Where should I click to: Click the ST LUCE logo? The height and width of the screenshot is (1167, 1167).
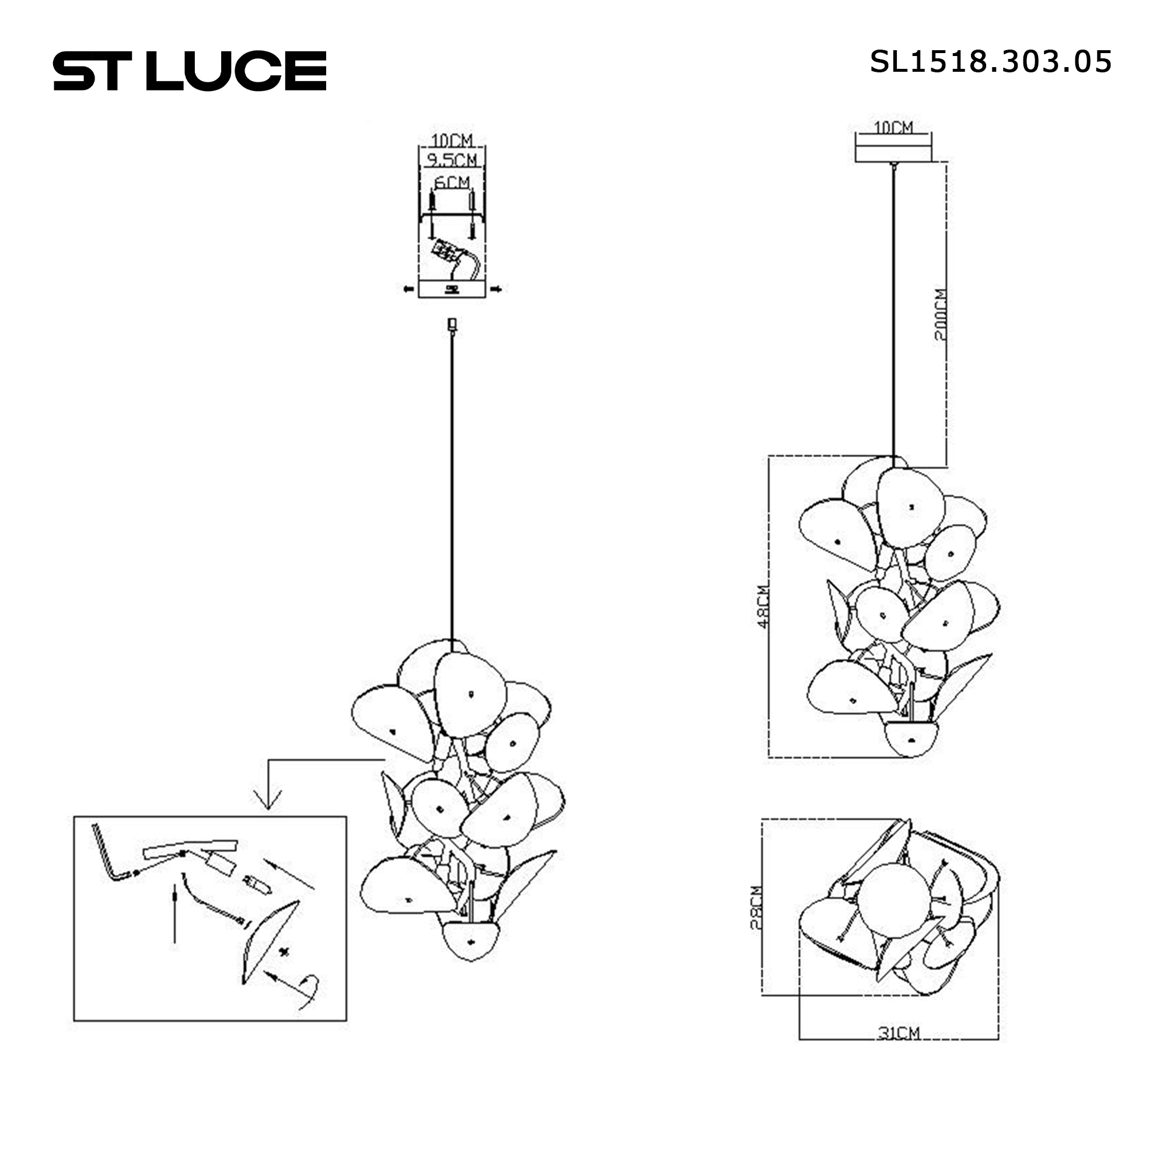[190, 71]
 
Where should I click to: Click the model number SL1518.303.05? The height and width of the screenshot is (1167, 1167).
[990, 62]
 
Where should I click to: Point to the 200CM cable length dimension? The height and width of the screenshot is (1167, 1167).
[941, 314]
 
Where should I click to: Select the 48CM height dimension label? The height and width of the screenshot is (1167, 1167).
[763, 606]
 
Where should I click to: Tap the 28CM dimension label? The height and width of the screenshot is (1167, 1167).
[756, 908]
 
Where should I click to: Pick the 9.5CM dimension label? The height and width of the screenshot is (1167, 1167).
[452, 160]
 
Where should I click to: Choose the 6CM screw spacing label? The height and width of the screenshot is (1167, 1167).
[452, 182]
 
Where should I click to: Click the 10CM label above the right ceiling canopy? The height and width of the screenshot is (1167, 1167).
[893, 127]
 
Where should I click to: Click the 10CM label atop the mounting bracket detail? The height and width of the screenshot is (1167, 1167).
[452, 140]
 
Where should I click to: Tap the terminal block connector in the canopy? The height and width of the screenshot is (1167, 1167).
[445, 251]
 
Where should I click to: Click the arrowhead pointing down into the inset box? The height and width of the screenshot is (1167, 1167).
[268, 800]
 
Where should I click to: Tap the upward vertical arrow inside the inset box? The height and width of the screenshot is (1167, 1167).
[174, 912]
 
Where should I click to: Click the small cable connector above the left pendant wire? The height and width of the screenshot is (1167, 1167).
[452, 325]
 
